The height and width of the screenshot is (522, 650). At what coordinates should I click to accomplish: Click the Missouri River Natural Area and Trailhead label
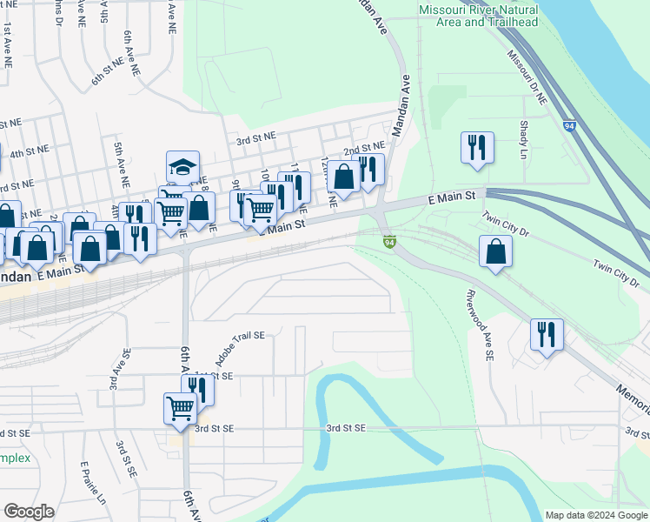click(478, 16)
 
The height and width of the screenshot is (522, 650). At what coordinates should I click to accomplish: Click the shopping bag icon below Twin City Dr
click(494, 251)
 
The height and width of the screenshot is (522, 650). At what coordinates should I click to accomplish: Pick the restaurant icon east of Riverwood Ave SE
click(547, 334)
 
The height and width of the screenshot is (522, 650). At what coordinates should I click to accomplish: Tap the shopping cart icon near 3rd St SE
click(180, 406)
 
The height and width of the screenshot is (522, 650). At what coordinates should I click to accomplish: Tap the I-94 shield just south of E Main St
click(389, 241)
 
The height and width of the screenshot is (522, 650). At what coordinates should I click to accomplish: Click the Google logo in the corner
click(29, 512)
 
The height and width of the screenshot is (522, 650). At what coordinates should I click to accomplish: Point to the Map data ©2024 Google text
click(595, 515)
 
